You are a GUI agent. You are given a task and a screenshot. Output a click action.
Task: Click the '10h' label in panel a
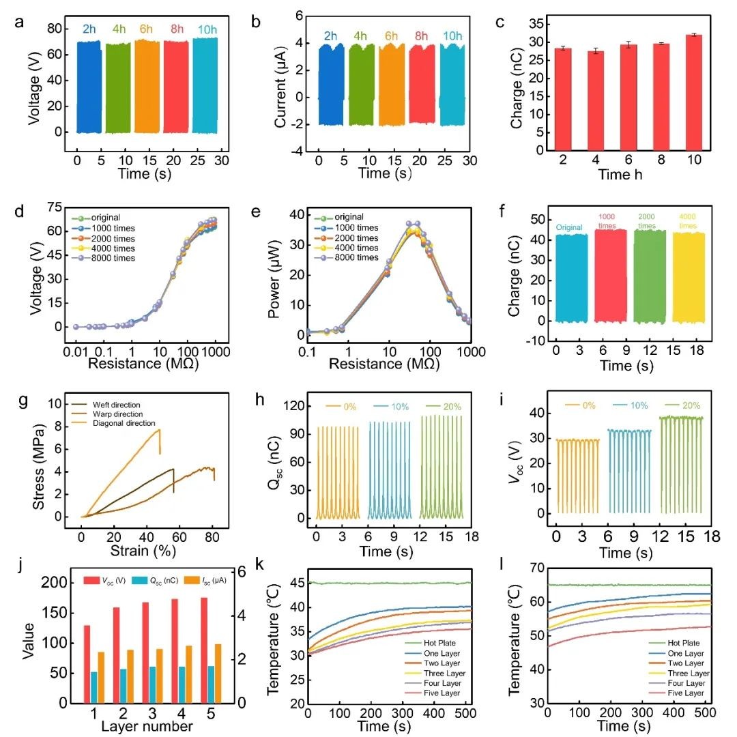click(x=205, y=29)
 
